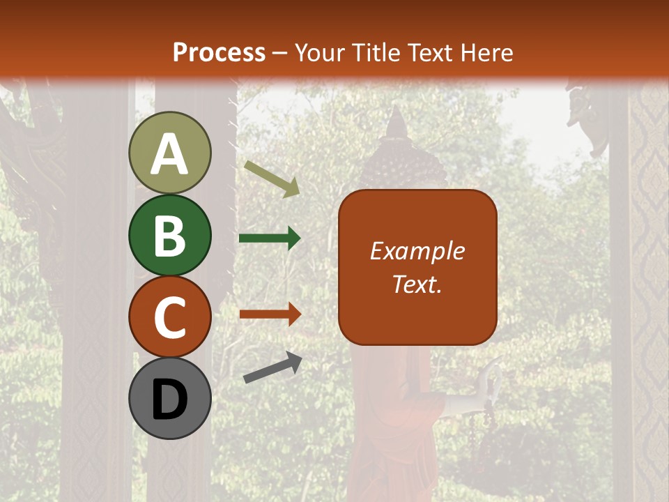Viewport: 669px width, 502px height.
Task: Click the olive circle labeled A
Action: [170, 153]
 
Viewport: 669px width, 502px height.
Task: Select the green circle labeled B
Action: [170, 235]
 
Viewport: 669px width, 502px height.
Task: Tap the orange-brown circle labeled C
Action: [170, 317]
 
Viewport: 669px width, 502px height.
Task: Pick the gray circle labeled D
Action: [170, 399]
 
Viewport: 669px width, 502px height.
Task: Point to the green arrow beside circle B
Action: [270, 238]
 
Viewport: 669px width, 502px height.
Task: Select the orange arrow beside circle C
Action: [270, 314]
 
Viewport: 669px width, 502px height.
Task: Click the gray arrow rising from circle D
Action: [272, 367]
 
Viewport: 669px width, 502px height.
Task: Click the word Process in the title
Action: [219, 52]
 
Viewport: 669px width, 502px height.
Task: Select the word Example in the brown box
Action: [417, 251]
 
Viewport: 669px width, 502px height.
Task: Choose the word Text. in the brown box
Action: [417, 284]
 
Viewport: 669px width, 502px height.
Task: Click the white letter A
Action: [170, 154]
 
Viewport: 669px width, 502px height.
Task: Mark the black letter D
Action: [170, 400]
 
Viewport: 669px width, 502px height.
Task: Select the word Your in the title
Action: [319, 52]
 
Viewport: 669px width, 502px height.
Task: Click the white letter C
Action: [170, 318]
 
